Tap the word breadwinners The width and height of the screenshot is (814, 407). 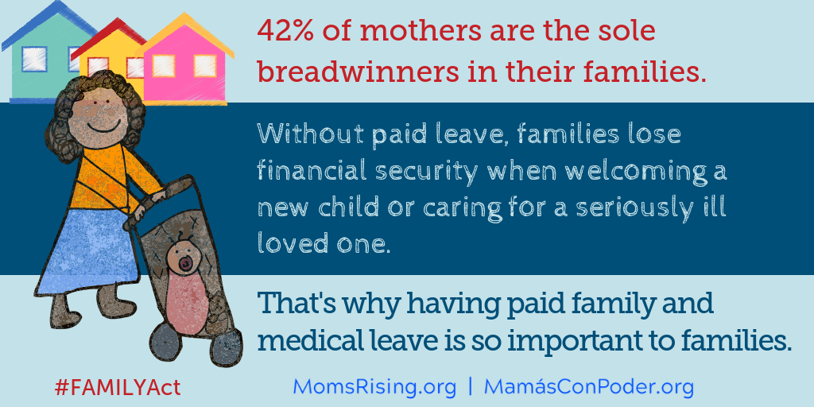[358, 72]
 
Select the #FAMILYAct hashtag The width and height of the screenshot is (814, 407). [118, 388]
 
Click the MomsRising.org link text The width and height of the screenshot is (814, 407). [375, 387]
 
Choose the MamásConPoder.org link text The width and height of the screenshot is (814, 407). [589, 387]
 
